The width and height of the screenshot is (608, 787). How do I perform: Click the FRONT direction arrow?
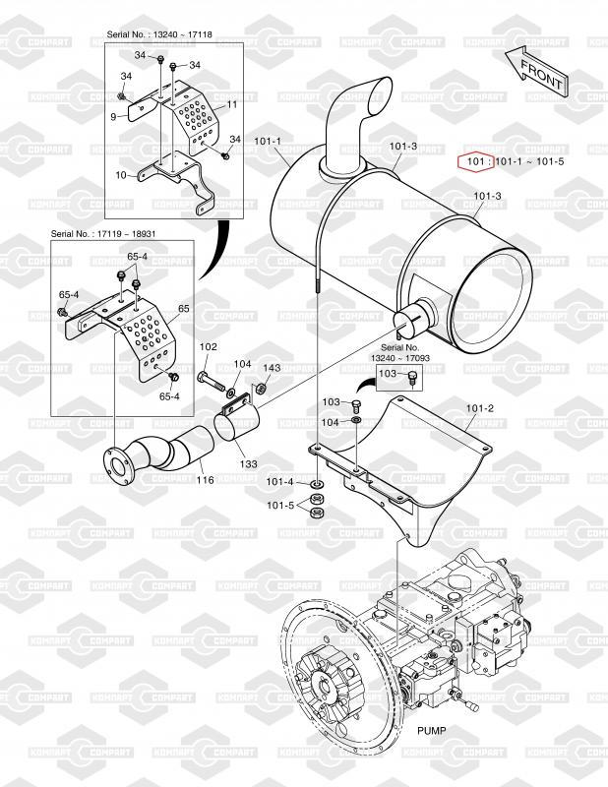click(x=537, y=71)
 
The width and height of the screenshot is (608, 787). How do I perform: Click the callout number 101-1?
click(x=268, y=142)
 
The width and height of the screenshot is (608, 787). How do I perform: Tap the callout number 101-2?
click(x=479, y=408)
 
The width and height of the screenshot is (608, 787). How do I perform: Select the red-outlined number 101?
click(x=475, y=161)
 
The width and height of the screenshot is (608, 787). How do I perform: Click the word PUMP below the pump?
click(x=431, y=730)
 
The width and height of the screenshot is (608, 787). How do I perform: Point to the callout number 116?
click(x=205, y=480)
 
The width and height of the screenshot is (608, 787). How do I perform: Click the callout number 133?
click(x=249, y=463)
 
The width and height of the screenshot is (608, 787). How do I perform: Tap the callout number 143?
click(x=272, y=368)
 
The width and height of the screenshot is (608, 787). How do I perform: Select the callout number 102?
click(x=209, y=346)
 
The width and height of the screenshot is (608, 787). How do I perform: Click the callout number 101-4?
click(x=279, y=482)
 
